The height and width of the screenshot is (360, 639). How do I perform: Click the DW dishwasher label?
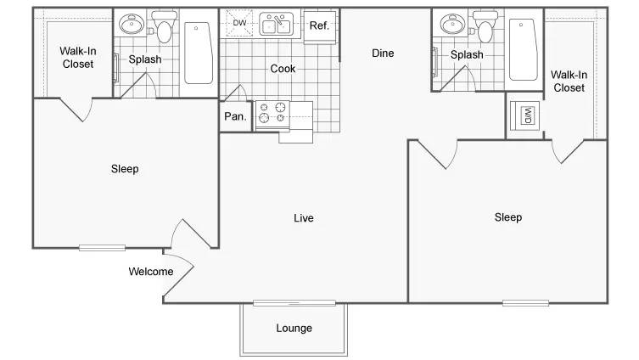click(x=240, y=23)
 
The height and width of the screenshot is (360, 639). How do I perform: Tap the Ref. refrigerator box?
click(x=319, y=25)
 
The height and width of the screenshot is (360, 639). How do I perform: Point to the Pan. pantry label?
click(x=235, y=117)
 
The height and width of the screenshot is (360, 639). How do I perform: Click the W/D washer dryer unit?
click(x=525, y=115)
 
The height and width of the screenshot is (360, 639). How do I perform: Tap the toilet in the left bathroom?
click(x=165, y=28)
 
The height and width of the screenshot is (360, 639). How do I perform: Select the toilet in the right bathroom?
click(x=485, y=28)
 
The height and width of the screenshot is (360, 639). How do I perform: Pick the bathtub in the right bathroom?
click(x=522, y=49)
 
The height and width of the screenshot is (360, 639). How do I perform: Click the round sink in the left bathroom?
click(x=132, y=25)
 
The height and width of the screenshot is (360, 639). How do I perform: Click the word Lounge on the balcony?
click(x=294, y=329)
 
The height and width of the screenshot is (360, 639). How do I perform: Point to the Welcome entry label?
click(x=151, y=272)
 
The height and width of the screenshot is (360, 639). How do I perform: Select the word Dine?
click(x=383, y=53)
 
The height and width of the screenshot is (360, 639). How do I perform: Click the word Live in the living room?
click(x=303, y=218)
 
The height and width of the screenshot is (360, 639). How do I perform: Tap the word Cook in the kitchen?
click(x=283, y=69)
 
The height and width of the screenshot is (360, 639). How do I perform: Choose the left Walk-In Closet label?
click(x=77, y=57)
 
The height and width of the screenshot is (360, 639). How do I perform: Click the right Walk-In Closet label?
click(x=569, y=82)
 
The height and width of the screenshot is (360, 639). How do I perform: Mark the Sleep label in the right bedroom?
click(x=508, y=217)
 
